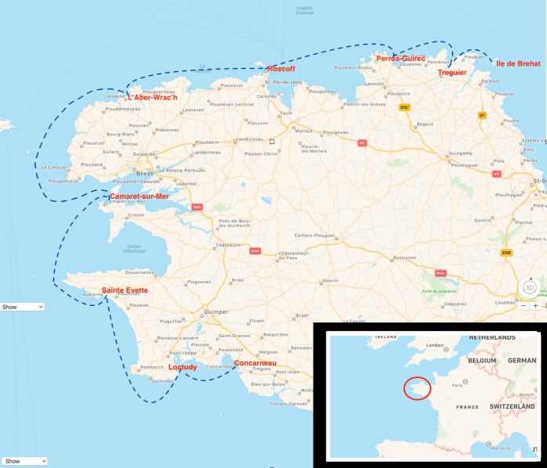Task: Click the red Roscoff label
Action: point(280,69)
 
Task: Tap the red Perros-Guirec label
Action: point(400,59)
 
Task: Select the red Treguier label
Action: point(452,73)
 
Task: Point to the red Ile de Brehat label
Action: point(518,63)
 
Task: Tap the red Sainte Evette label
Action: point(125,290)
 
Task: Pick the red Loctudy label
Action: point(183,367)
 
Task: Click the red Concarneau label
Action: point(255,363)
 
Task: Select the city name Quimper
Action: point(216,311)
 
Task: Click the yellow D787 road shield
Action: point(404,107)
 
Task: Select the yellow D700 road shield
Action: point(506,253)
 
